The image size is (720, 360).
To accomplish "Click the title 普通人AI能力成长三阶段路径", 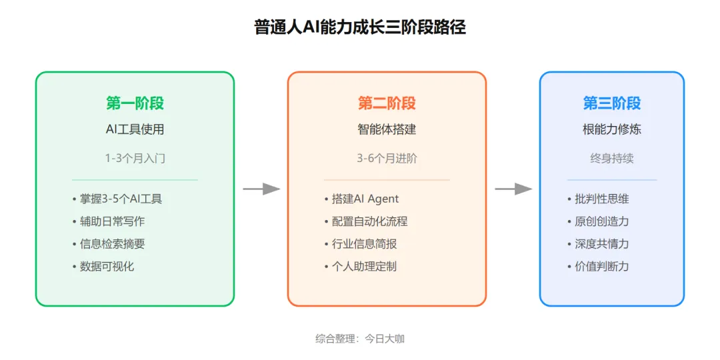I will tap(360, 27).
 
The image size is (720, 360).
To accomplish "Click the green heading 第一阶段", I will tap(135, 103).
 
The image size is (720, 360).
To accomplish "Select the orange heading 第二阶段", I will tap(387, 103).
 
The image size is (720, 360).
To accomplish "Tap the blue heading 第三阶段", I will tap(612, 103).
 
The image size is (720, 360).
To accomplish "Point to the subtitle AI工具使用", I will tap(135, 129).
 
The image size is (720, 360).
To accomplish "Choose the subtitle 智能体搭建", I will tap(387, 129).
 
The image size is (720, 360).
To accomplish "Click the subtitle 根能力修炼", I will tap(612, 129).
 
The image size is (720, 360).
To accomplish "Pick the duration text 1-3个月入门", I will tap(135, 159).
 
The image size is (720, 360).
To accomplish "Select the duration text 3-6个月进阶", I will tap(387, 159).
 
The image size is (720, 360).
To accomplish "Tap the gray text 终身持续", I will tap(612, 159).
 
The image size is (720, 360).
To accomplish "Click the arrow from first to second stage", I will tap(261, 189).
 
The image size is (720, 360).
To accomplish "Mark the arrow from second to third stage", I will tap(513, 189).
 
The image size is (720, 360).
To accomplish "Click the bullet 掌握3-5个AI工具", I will tap(120, 199).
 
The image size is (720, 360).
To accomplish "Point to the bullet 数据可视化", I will tap(107, 267).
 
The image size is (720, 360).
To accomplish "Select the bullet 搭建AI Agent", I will tap(365, 199).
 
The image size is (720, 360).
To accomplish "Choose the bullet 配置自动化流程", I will tap(369, 221).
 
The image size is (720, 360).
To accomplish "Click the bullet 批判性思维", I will tap(601, 199).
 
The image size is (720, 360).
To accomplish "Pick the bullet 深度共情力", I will tap(601, 244).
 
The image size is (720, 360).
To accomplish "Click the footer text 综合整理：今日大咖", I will tap(360, 339).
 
